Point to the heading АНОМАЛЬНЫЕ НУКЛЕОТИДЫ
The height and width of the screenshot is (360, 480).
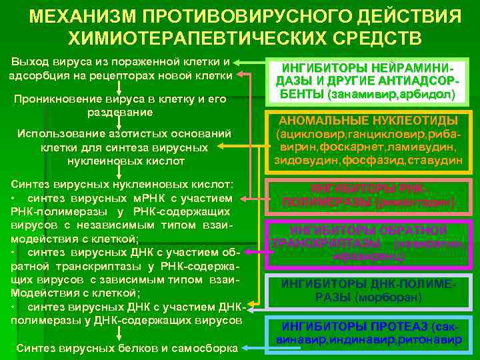368,121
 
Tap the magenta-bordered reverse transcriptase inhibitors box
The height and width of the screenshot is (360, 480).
368,242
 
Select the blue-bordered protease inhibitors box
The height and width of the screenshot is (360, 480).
368,333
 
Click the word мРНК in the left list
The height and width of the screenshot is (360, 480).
135,199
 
